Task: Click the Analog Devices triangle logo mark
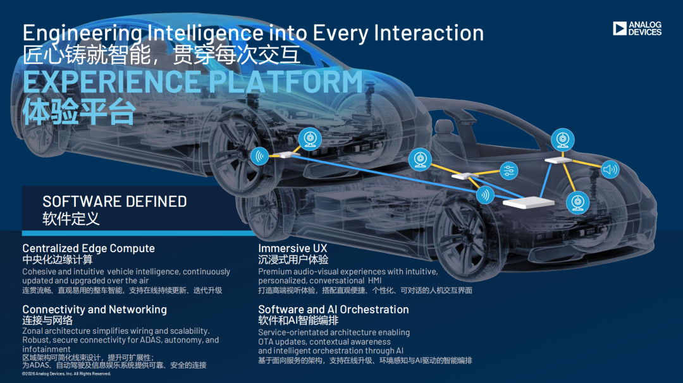tap(619, 28)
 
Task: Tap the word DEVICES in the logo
tap(645, 32)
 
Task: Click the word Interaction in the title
tap(429, 33)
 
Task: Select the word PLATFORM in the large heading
tap(286, 82)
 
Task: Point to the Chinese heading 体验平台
tap(79, 111)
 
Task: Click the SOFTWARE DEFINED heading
tap(114, 202)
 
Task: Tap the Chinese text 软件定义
tap(71, 219)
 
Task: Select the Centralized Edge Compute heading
tap(89, 248)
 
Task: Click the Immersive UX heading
tap(292, 248)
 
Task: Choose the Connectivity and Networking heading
tap(94, 310)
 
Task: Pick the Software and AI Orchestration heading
tap(333, 310)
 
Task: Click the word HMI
tap(374, 281)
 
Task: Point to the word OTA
tap(265, 342)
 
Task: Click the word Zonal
tap(33, 331)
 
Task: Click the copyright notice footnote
tap(66, 374)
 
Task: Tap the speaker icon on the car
tap(610, 169)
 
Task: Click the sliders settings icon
tap(508, 171)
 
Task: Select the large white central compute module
tap(528, 202)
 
